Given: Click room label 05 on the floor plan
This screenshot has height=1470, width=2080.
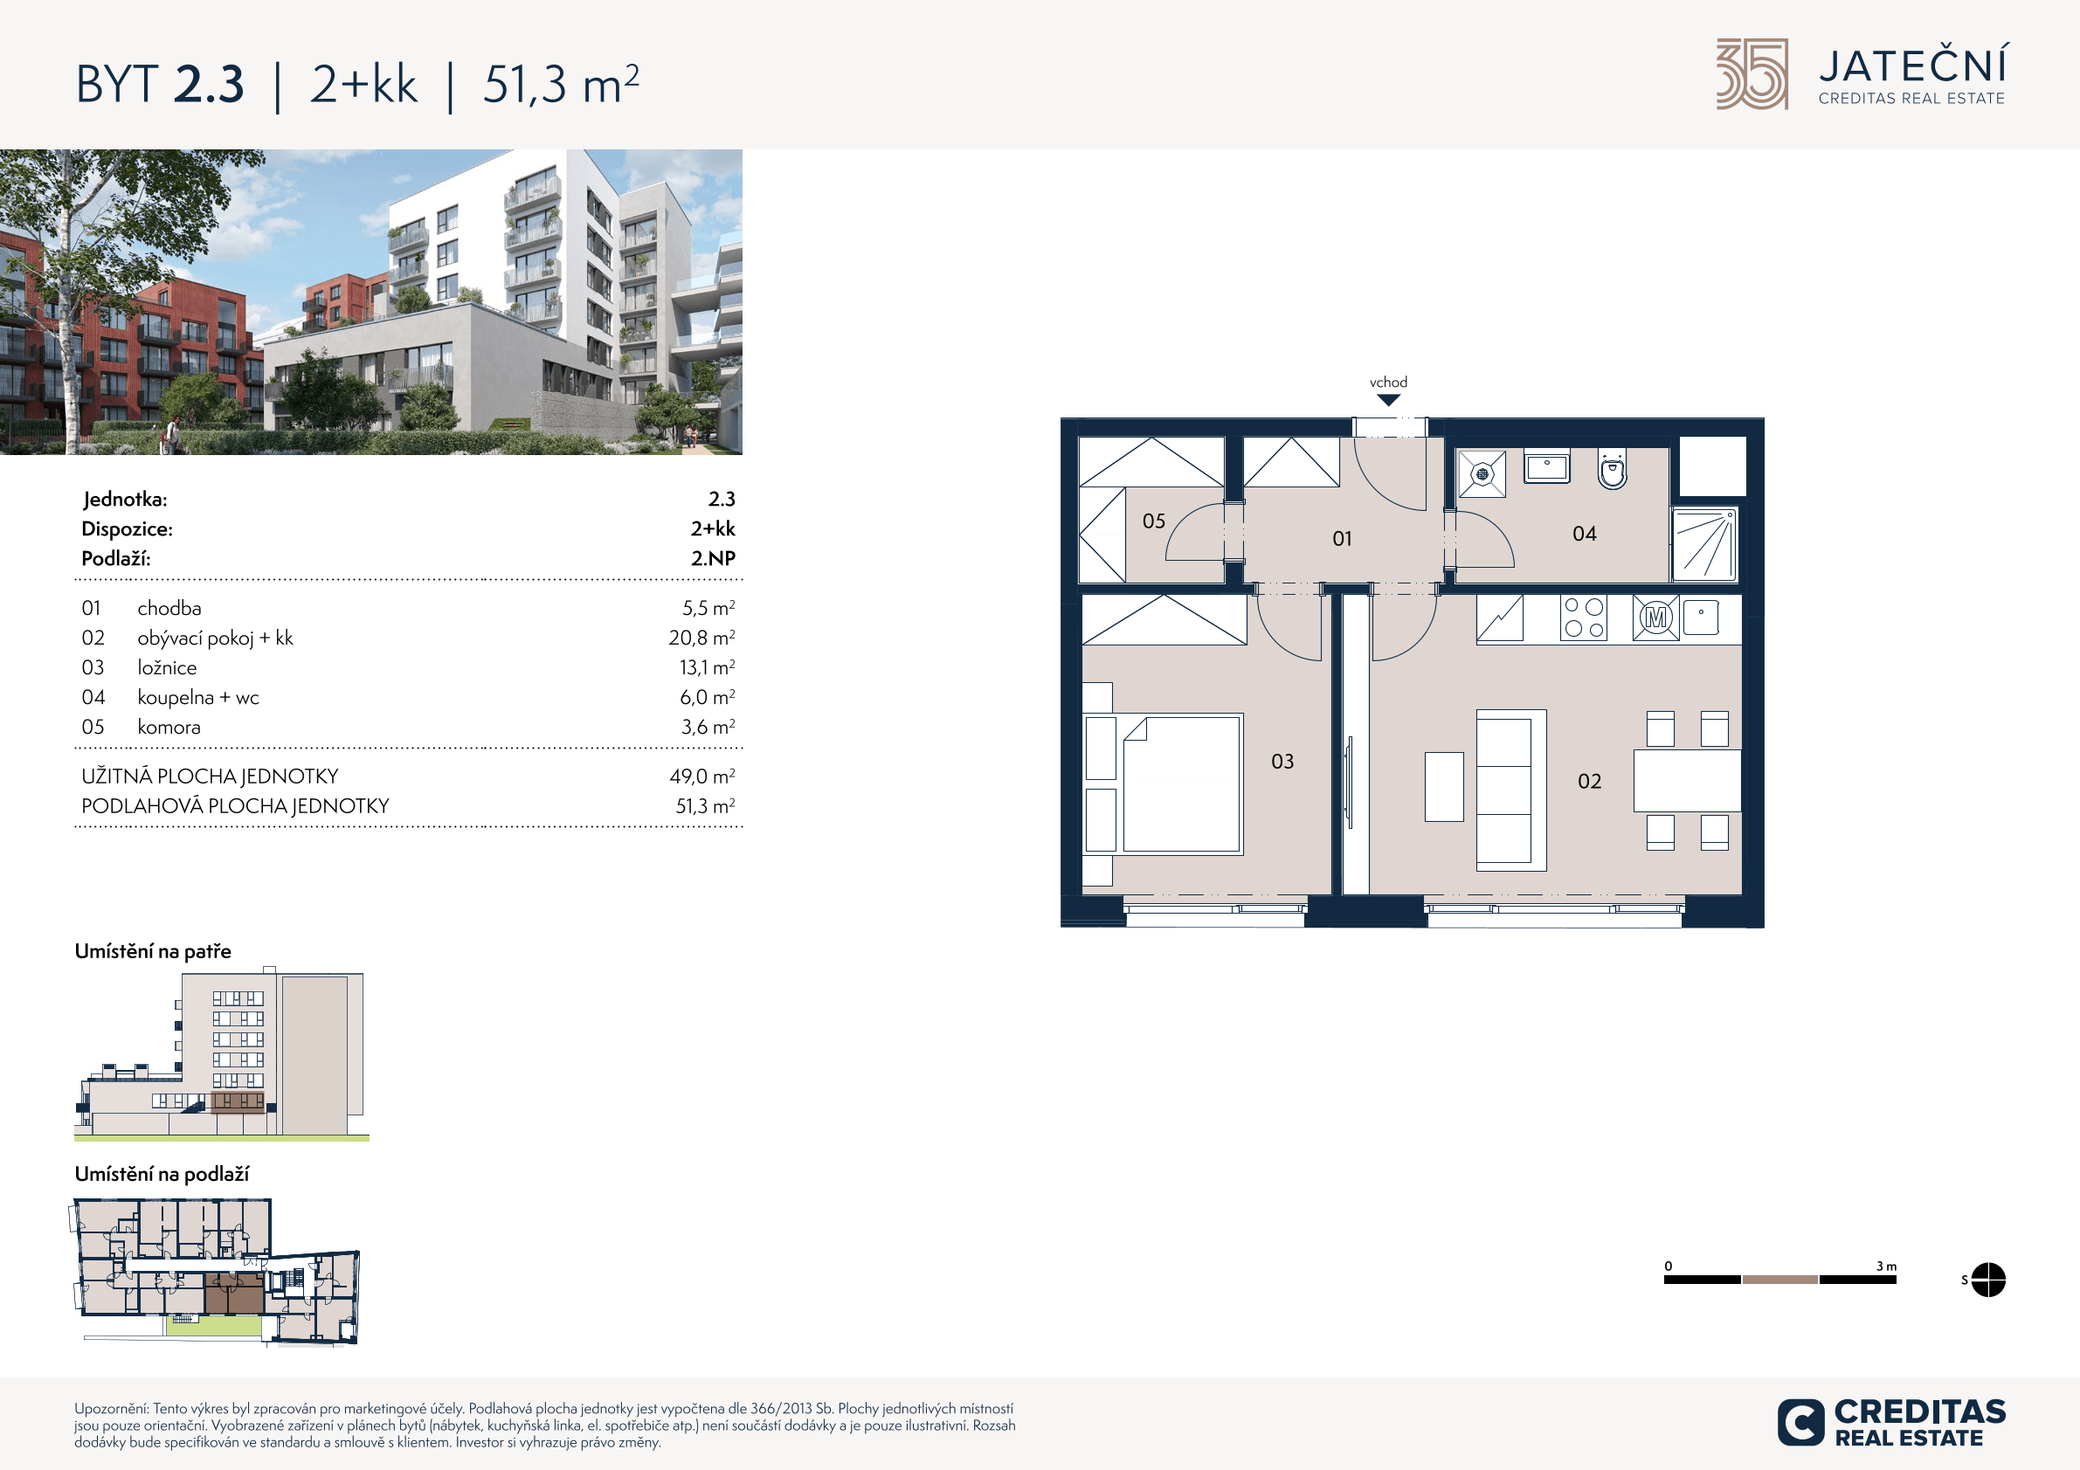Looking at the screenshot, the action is pyautogui.click(x=1153, y=521).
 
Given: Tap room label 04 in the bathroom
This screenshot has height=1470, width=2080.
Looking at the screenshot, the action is pyautogui.click(x=1585, y=534).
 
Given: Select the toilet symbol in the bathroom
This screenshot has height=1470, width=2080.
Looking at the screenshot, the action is pyautogui.click(x=1613, y=468).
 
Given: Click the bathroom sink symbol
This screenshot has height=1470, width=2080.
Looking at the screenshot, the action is pyautogui.click(x=1546, y=466).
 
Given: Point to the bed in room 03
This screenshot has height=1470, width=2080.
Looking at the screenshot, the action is pyautogui.click(x=1181, y=784).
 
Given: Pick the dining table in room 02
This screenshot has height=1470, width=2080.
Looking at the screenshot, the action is pyautogui.click(x=1687, y=781).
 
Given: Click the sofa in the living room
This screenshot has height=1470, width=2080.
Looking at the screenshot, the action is pyautogui.click(x=1511, y=790).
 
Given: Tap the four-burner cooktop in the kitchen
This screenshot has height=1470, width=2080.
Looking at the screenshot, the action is pyautogui.click(x=1584, y=618).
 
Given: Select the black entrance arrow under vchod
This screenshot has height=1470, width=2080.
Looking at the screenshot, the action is pyautogui.click(x=1388, y=400).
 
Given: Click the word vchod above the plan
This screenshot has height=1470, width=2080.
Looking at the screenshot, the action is pyautogui.click(x=1388, y=383).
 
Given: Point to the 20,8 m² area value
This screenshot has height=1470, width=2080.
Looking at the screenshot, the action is pyautogui.click(x=702, y=638).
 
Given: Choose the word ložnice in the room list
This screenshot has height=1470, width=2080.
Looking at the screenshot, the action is pyautogui.click(x=167, y=667).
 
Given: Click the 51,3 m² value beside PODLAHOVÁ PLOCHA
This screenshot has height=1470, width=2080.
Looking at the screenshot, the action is pyautogui.click(x=705, y=805).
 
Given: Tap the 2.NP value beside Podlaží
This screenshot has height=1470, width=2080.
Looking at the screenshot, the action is pyautogui.click(x=713, y=558).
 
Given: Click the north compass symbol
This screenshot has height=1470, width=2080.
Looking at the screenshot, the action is pyautogui.click(x=1988, y=1280).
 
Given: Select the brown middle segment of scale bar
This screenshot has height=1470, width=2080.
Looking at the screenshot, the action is pyautogui.click(x=1779, y=1280).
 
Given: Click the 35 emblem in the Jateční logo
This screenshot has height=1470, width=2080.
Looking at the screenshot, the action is pyautogui.click(x=1752, y=74).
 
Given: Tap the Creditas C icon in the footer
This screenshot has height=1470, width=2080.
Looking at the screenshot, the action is pyautogui.click(x=1800, y=1422).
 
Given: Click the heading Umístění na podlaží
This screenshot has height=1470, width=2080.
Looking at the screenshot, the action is pyautogui.click(x=162, y=1174).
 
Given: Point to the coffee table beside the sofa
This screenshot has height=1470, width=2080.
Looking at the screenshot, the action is pyautogui.click(x=1444, y=786).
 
